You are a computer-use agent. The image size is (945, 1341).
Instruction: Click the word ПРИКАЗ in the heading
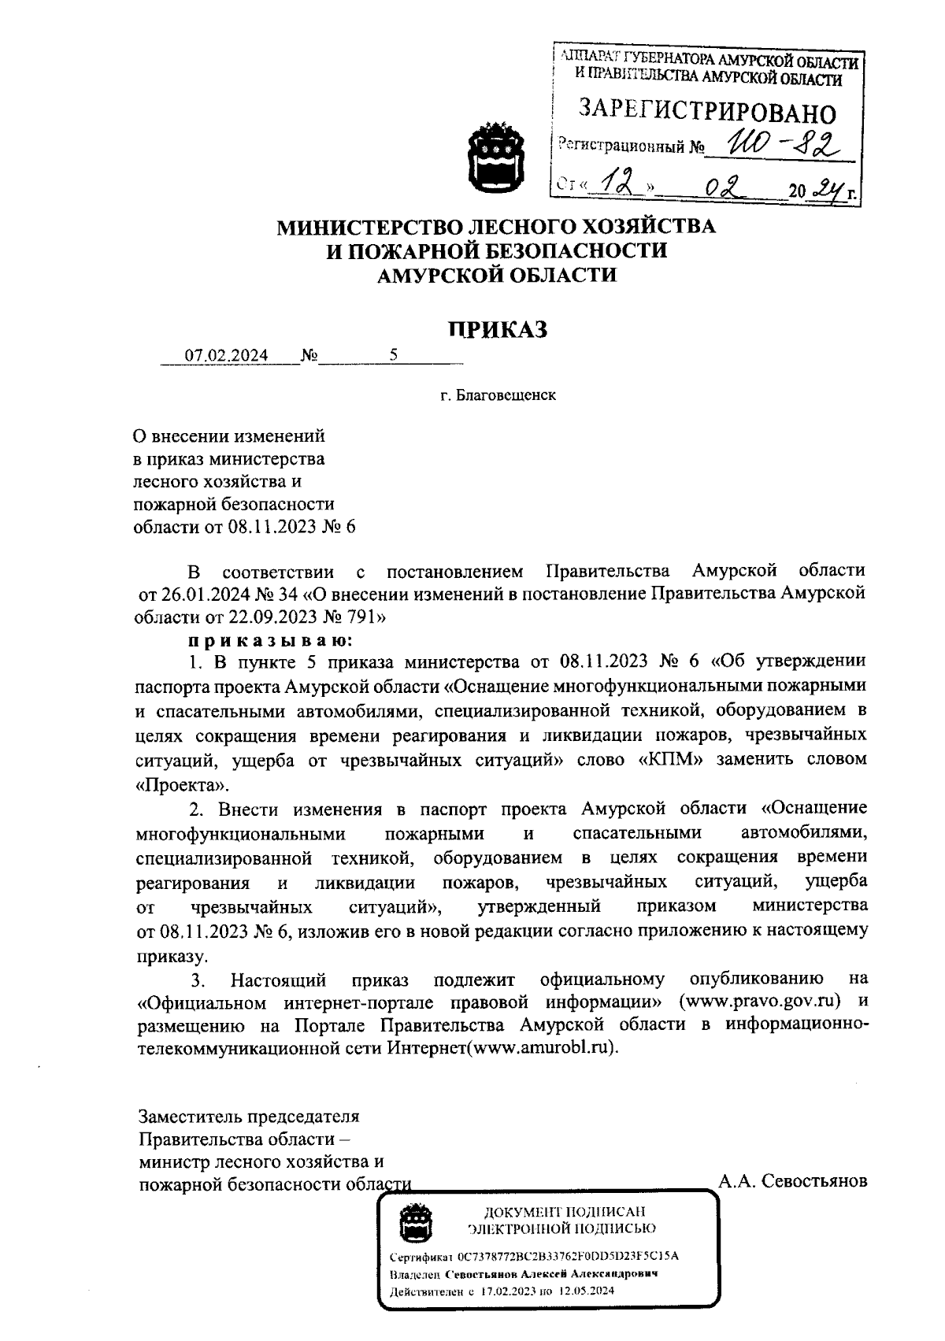click(497, 329)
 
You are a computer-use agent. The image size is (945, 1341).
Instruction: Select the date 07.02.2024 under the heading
click(226, 355)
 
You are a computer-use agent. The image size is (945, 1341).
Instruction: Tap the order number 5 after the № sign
click(393, 355)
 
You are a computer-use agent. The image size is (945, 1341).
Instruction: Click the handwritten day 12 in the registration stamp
click(613, 185)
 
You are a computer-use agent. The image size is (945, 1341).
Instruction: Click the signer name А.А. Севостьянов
click(792, 1181)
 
